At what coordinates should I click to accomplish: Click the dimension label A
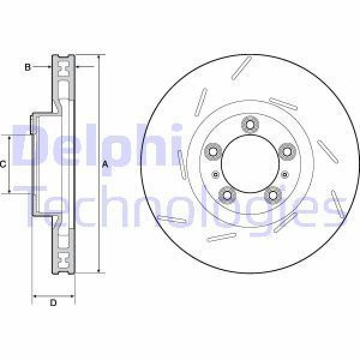point(104,164)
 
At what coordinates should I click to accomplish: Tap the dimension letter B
point(28,67)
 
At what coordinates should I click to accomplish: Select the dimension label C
point(3,163)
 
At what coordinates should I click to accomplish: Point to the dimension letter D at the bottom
point(53,303)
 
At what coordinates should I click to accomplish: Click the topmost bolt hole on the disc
point(248,125)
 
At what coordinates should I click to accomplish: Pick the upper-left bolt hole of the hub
point(212,151)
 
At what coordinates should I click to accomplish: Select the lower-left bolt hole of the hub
point(226,194)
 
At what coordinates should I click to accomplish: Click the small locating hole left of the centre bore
point(216,175)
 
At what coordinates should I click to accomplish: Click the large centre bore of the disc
point(248,164)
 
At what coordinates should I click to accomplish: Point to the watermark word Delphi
point(96,146)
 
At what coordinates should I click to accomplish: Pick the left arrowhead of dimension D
point(34,295)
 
